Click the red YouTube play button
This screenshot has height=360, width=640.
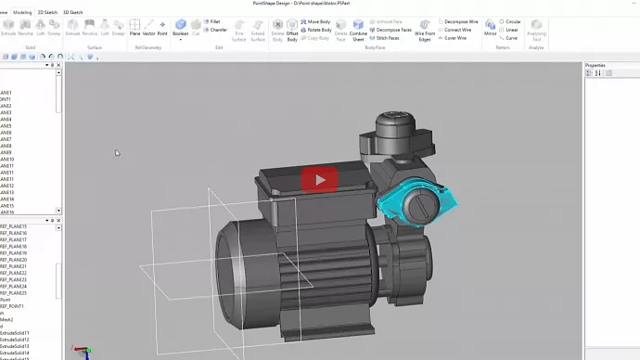coord(320,179)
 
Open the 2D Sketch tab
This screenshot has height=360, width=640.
coord(46,12)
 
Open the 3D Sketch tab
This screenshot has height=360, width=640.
coord(72,12)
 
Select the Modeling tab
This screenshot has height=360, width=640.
coord(21,12)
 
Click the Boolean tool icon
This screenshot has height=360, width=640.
coord(180,27)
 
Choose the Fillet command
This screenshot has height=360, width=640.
coord(214,21)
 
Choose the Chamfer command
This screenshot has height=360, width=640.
coord(216,30)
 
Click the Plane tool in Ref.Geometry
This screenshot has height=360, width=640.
coord(134,27)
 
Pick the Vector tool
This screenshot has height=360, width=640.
coord(148,27)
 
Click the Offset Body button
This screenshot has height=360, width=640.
coord(292,28)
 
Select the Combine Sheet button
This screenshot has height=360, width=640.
coord(358,28)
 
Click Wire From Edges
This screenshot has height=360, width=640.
coord(425,28)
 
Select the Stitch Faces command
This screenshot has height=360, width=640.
coord(391,38)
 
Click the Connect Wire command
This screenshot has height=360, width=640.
coord(457,30)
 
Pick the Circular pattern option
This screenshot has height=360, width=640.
coord(511,21)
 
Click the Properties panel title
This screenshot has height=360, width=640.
coord(595,65)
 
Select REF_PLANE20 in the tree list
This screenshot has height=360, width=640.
coord(14,260)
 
